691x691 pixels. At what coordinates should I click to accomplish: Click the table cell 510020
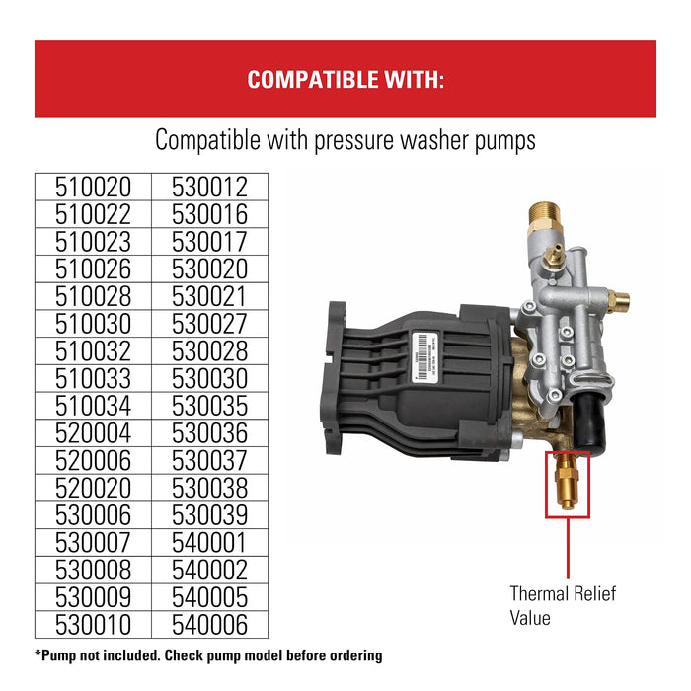[x=92, y=187]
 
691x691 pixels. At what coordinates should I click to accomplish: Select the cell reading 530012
[x=209, y=187]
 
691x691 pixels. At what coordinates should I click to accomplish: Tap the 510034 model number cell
[x=92, y=406]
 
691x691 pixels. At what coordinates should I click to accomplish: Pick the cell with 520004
[x=92, y=433]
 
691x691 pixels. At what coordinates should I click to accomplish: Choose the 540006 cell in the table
[x=209, y=624]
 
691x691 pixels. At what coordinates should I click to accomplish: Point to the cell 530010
[x=92, y=624]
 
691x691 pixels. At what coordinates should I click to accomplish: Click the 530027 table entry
[x=209, y=324]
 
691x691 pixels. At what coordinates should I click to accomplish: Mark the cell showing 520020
[x=92, y=488]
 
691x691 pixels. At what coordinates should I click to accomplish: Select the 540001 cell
[x=209, y=542]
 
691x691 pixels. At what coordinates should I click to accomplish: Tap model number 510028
[x=92, y=296]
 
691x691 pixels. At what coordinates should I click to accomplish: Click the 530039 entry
[x=209, y=515]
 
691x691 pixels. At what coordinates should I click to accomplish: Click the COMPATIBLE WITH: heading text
[x=345, y=80]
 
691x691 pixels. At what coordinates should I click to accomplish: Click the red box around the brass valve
[x=568, y=485]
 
